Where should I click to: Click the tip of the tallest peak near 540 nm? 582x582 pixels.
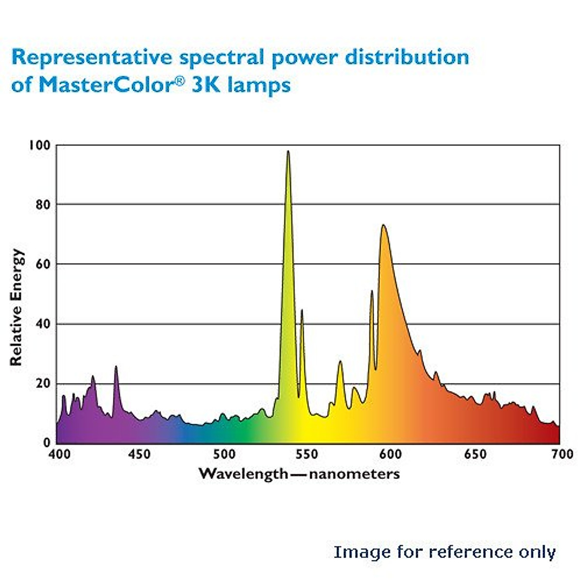(288, 151)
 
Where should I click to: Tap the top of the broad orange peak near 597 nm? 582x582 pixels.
(383, 225)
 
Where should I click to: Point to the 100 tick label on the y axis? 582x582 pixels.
(39, 145)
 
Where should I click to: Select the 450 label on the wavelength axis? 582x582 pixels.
(140, 454)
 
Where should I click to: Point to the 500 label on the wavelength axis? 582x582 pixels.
(224, 454)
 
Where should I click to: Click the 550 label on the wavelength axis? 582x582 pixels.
(307, 454)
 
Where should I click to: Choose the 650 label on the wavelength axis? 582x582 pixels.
(475, 454)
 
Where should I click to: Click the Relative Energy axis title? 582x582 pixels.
(16, 307)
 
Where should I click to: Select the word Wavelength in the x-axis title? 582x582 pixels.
(243, 474)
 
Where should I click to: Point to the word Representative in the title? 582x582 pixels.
(92, 57)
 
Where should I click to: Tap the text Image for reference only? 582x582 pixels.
(444, 552)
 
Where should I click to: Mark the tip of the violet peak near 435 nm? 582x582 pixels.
(116, 367)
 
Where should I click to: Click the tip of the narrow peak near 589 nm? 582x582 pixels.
(372, 291)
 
